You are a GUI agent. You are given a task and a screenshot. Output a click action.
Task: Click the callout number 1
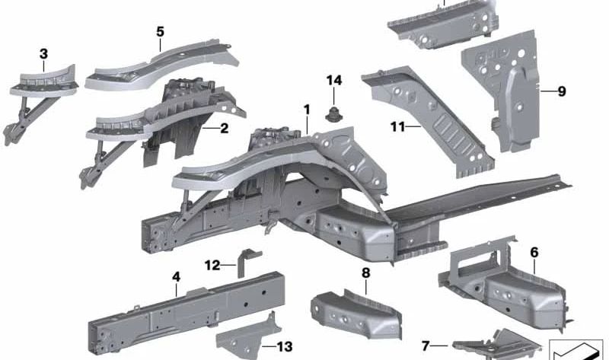(x=307, y=110)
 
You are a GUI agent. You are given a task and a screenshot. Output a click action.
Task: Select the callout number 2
(x=224, y=129)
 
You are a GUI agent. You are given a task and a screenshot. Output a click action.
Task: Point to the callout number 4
(x=176, y=277)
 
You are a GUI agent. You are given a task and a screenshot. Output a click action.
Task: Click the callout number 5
(x=160, y=32)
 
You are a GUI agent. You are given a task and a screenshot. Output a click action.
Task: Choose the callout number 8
(x=365, y=272)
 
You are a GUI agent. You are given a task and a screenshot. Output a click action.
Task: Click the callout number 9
(x=562, y=92)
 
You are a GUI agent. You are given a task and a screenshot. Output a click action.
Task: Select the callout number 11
(x=397, y=127)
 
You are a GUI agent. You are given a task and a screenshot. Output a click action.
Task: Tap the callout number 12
(x=212, y=266)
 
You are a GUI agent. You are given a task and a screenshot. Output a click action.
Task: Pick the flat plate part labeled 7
(x=495, y=345)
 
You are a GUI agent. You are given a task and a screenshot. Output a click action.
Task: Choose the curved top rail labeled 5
(x=160, y=65)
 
